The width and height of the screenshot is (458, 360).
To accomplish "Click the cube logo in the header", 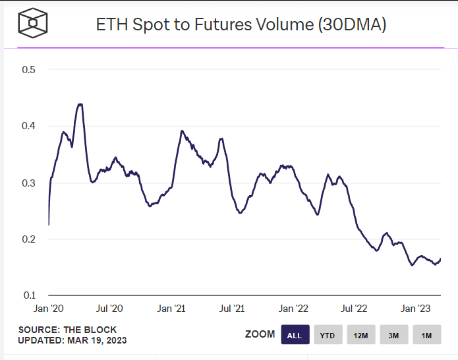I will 31,24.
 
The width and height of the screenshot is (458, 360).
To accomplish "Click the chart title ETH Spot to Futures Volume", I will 241,25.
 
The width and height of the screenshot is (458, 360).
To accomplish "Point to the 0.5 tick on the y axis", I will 28,70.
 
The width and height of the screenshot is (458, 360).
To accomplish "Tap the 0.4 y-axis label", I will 28,126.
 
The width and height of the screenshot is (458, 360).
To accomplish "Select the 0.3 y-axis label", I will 28,183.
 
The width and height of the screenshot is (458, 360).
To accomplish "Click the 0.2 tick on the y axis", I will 28,239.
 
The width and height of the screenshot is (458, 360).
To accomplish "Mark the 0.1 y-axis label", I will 28,295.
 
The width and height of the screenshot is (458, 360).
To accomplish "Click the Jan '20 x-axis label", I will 48,309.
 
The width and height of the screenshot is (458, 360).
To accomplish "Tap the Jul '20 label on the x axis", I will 109,309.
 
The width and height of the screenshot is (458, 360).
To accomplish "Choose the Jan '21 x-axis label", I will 171,309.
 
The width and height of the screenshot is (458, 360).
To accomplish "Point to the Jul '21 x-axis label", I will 232,309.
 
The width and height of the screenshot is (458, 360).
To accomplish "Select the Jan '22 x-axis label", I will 294,309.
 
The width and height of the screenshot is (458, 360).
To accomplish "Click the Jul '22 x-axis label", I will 355,309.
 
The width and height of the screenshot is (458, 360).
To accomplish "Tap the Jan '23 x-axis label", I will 416,309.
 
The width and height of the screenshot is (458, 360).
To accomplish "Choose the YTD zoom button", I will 328,335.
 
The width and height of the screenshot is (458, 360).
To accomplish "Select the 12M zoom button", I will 360,335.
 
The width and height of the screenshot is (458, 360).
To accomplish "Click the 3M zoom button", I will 393,335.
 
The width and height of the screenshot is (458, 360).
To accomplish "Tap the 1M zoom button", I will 426,335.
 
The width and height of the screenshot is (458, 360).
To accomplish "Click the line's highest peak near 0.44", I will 80,104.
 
